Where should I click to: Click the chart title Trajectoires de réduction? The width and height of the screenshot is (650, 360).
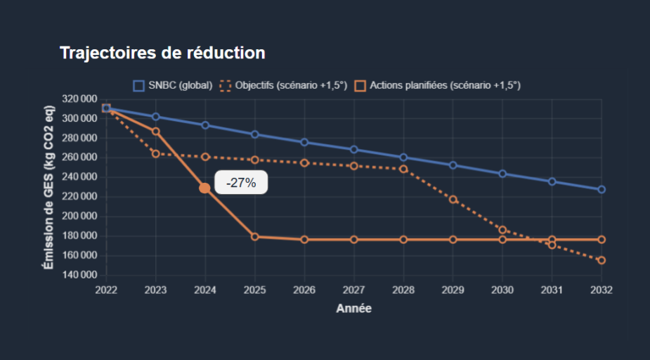(162, 53)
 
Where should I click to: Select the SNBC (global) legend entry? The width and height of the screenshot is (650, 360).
(173, 86)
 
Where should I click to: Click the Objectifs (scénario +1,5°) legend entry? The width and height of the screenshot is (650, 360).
(284, 86)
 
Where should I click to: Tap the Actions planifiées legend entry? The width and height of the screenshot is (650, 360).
(437, 86)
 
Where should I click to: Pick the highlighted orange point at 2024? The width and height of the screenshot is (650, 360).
(204, 188)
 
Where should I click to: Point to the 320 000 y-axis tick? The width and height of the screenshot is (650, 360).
(79, 99)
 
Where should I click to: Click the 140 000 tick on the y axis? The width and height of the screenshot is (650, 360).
(79, 275)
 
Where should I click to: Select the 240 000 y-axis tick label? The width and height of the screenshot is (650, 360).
(79, 177)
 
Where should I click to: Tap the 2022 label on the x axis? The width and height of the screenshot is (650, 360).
(106, 290)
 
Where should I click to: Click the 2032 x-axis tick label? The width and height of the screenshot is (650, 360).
(602, 290)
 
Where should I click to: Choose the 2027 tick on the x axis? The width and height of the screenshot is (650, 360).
(353, 290)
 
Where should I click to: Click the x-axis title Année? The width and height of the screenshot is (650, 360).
(353, 309)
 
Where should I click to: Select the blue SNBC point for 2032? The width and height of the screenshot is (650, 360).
(602, 190)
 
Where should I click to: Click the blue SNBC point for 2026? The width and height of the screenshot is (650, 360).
(304, 142)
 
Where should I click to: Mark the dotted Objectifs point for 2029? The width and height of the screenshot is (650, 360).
(453, 200)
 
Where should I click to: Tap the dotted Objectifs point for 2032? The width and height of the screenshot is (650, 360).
(602, 260)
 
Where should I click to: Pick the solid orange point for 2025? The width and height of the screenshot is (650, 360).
(254, 236)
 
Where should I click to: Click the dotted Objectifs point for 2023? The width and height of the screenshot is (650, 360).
(156, 153)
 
